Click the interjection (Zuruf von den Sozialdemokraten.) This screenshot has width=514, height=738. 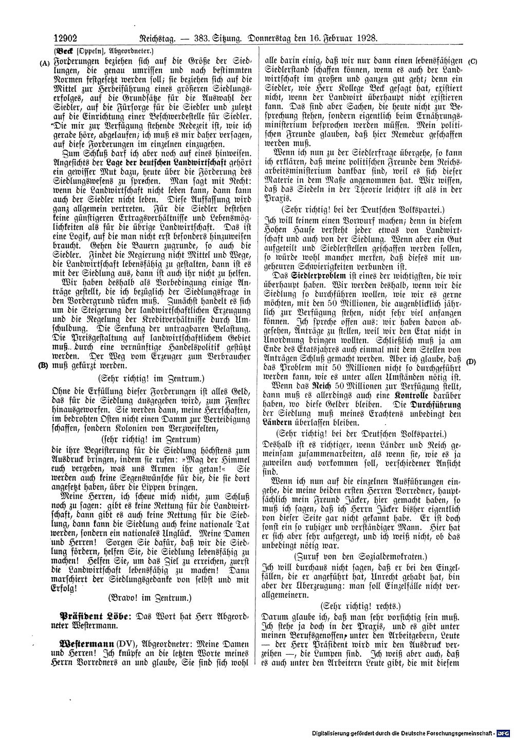click(359, 557)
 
